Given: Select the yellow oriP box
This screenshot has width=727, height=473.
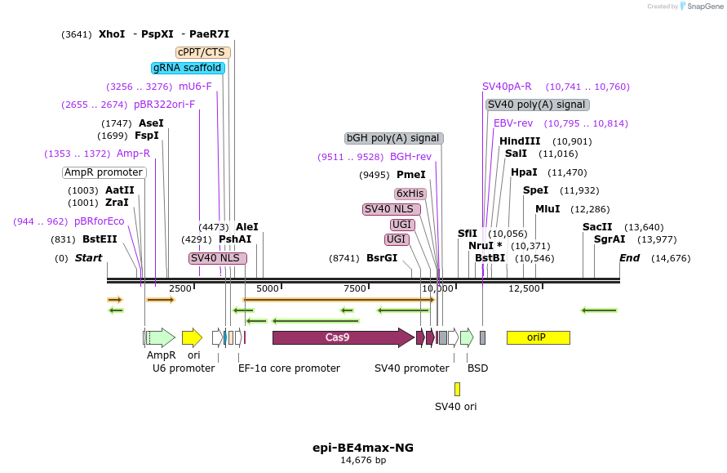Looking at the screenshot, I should pyautogui.click(x=538, y=337).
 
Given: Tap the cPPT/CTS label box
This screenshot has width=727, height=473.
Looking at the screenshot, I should pyautogui.click(x=203, y=52).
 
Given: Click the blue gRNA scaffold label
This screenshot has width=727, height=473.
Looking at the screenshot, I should pyautogui.click(x=188, y=68).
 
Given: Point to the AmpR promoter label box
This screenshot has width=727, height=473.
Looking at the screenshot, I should pyautogui.click(x=104, y=172).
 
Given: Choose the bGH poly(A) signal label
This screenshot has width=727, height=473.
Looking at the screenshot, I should pyautogui.click(x=393, y=138).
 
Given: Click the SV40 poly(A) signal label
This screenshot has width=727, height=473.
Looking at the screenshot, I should pyautogui.click(x=537, y=105).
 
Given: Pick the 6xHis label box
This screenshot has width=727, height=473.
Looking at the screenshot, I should pyautogui.click(x=410, y=194).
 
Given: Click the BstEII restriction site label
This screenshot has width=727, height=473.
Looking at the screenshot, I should pyautogui.click(x=100, y=239).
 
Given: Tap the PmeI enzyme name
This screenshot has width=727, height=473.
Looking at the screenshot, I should pyautogui.click(x=411, y=175).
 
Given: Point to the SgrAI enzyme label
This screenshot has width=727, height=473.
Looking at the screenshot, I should pyautogui.click(x=610, y=239).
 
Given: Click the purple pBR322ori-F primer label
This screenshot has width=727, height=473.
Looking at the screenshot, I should pyautogui.click(x=164, y=105).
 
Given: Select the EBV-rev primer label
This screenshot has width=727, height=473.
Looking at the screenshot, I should pyautogui.click(x=513, y=123).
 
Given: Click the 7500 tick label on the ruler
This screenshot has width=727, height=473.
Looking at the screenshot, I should pyautogui.click(x=355, y=288).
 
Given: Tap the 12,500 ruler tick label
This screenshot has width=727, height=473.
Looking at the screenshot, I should pyautogui.click(x=524, y=288).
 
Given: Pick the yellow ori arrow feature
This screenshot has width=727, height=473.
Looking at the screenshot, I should pyautogui.click(x=192, y=337).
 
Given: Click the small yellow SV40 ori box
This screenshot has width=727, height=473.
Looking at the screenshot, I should pyautogui.click(x=457, y=390).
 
